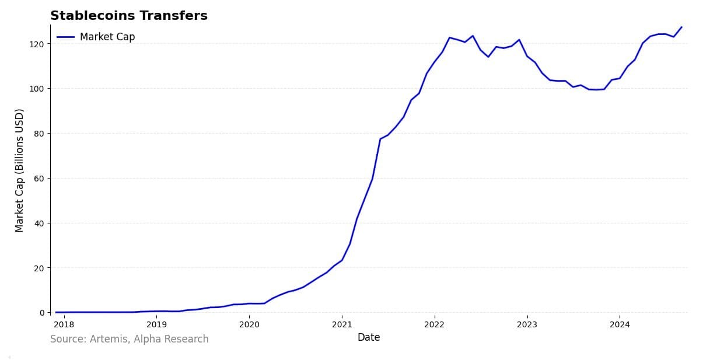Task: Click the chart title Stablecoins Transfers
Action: [129, 16]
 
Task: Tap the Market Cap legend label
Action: [107, 37]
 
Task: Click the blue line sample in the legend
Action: [65, 37]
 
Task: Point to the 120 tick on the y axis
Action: [36, 44]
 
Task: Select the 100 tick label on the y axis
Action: [36, 89]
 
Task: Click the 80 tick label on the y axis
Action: [39, 134]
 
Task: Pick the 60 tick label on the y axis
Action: [39, 179]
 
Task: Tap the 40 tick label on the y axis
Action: [39, 223]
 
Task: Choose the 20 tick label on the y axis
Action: [39, 268]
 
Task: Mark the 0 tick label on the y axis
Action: [41, 313]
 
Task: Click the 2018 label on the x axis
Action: [64, 324]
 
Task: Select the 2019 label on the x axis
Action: [156, 324]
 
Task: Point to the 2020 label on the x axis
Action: [249, 324]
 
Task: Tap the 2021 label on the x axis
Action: [342, 324]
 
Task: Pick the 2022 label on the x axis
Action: [435, 324]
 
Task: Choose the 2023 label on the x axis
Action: [527, 324]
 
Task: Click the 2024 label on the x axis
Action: [620, 324]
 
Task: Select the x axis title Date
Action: [369, 337]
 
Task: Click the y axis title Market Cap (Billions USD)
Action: [19, 170]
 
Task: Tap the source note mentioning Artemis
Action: [130, 339]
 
